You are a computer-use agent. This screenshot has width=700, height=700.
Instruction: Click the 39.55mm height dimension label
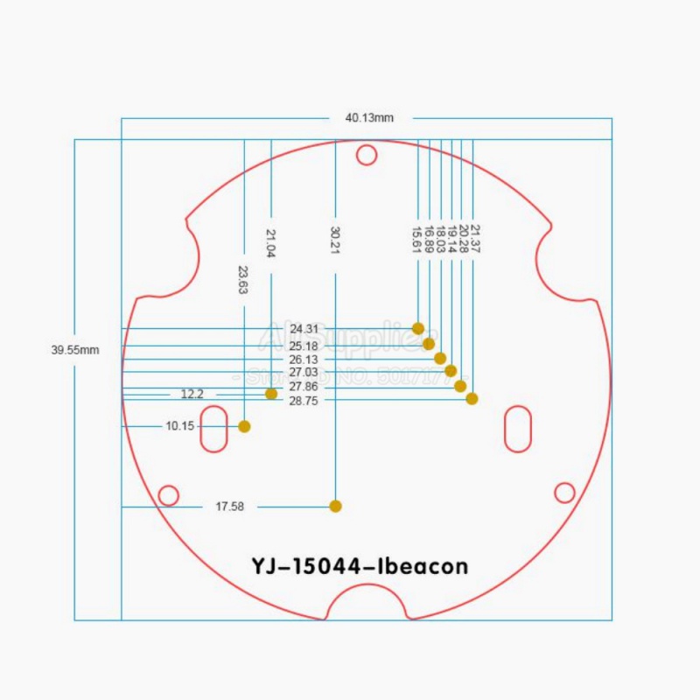(74, 349)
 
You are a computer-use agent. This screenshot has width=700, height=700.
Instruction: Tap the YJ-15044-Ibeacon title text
(360, 566)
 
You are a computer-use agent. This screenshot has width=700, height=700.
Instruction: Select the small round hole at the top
(367, 155)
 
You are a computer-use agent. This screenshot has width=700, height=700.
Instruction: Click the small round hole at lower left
(168, 495)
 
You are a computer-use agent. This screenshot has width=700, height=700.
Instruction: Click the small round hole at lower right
(565, 493)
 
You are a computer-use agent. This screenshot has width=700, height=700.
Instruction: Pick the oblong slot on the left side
(213, 428)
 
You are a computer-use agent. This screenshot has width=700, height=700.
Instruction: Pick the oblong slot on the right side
(518, 428)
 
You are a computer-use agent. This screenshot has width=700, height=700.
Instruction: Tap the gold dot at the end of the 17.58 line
(335, 506)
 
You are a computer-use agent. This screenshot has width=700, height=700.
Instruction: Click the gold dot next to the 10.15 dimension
(245, 427)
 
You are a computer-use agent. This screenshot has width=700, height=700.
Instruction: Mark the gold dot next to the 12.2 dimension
(271, 394)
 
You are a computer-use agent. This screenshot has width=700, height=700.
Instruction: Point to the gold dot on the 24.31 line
(418, 328)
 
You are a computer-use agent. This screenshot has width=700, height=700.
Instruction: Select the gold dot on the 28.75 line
(472, 399)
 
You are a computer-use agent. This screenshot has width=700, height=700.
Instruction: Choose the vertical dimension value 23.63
(243, 279)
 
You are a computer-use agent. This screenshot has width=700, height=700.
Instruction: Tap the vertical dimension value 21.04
(271, 243)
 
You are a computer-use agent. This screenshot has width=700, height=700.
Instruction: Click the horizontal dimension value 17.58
(229, 507)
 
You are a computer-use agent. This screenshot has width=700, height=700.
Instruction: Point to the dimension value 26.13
(303, 360)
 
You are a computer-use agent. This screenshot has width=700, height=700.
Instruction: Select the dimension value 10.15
(179, 426)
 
